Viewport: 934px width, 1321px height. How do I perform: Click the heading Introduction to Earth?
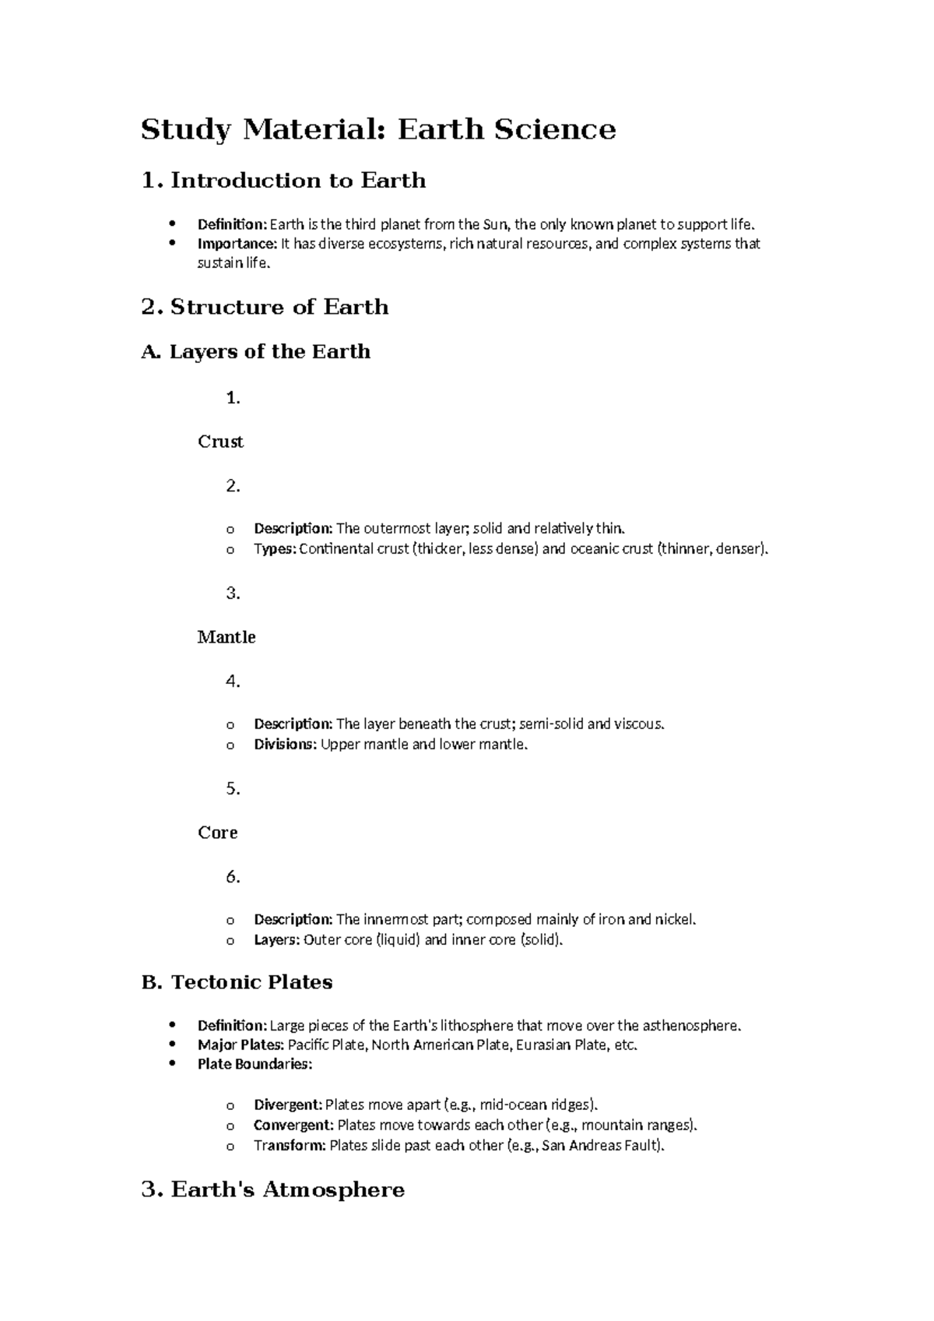(x=298, y=181)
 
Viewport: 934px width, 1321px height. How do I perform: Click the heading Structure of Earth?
(x=279, y=307)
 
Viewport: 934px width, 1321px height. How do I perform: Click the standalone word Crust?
(x=220, y=442)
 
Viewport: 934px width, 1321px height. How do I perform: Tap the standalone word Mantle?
(x=226, y=637)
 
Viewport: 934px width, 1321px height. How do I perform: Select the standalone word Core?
(x=217, y=833)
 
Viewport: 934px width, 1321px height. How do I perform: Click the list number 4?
(x=232, y=682)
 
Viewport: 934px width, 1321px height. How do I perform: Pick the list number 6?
(x=232, y=877)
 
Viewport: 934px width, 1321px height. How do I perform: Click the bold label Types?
(x=274, y=549)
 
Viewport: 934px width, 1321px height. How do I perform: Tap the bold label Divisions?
(x=285, y=745)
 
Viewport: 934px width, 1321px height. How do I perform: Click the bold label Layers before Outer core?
(x=276, y=940)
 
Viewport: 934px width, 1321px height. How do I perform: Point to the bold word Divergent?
(x=287, y=1105)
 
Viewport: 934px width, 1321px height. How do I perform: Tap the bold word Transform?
(x=290, y=1146)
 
